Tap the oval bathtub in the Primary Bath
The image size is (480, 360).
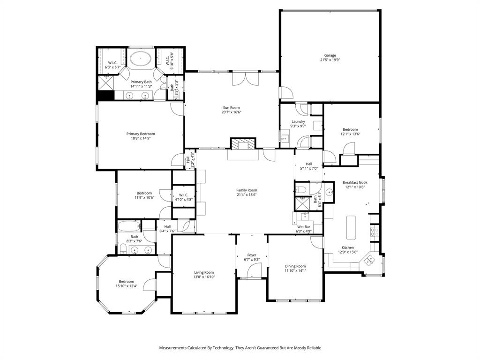coord(140,60)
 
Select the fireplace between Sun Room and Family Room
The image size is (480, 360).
coord(243,143)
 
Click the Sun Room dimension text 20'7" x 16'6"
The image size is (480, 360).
coord(232,112)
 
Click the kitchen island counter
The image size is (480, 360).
coord(352,227)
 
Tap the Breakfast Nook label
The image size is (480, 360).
coord(354,182)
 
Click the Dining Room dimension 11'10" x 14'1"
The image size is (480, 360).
coord(295,270)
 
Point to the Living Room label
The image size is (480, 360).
coord(204,272)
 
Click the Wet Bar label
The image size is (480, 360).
coord(304,226)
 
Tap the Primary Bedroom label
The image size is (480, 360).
coord(141,134)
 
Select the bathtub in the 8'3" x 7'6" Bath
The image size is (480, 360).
coord(128,226)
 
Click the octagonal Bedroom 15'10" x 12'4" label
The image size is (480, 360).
coord(126,281)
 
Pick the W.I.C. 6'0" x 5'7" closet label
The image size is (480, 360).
coord(112,63)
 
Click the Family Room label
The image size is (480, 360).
coord(247,190)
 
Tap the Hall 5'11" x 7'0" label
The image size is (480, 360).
coord(309,164)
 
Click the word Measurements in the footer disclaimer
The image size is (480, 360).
coord(175,348)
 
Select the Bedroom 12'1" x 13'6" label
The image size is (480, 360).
coord(350,129)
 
